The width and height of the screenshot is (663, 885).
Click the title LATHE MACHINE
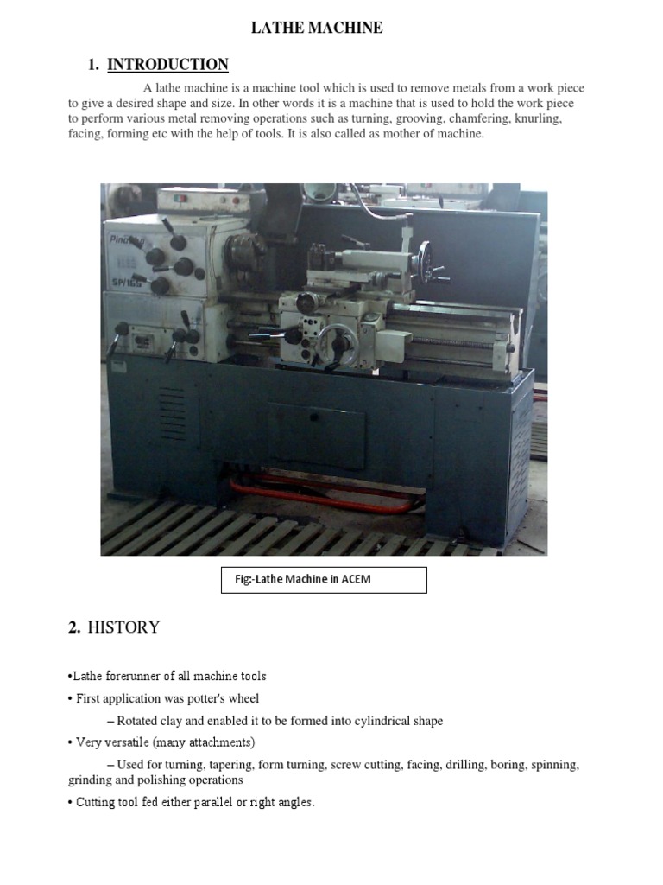pyautogui.click(x=316, y=29)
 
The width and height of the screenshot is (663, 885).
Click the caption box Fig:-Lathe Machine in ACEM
pyautogui.click(x=325, y=579)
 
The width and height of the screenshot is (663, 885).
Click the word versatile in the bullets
pyautogui.click(x=134, y=742)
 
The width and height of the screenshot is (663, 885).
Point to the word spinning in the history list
pyautogui.click(x=552, y=765)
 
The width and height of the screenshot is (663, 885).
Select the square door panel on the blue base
pyautogui.click(x=327, y=438)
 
